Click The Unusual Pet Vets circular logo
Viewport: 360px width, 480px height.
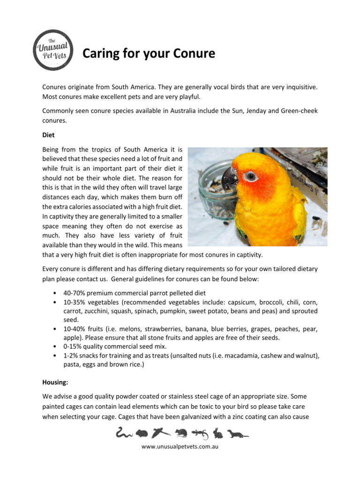[53, 50]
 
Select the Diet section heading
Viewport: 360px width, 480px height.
[48, 135]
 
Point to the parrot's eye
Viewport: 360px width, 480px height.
[250, 177]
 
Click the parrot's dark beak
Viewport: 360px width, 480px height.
[230, 178]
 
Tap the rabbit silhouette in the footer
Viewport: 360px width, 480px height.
[218, 434]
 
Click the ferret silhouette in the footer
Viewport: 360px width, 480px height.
[239, 434]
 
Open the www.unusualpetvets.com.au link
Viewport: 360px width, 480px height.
[180, 447]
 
